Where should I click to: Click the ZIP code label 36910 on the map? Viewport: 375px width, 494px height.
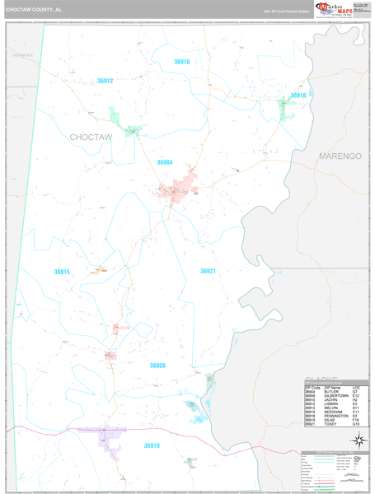181,62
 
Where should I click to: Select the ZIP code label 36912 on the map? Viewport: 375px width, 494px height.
105,81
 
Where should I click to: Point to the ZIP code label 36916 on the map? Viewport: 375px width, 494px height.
298,96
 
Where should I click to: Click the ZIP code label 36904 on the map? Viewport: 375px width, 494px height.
165,162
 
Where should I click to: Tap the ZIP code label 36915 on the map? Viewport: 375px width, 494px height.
63,272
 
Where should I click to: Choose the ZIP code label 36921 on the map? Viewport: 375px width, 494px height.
208,271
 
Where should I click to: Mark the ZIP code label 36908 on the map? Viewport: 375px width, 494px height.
157,366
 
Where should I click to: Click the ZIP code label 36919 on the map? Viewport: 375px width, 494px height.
152,445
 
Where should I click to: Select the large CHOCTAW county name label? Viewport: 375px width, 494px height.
91,137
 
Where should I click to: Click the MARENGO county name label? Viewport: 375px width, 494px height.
340,156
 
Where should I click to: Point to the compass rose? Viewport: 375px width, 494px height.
357,440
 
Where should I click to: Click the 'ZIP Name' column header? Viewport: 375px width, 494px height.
332,387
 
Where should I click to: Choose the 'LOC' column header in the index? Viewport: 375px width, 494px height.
356,387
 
